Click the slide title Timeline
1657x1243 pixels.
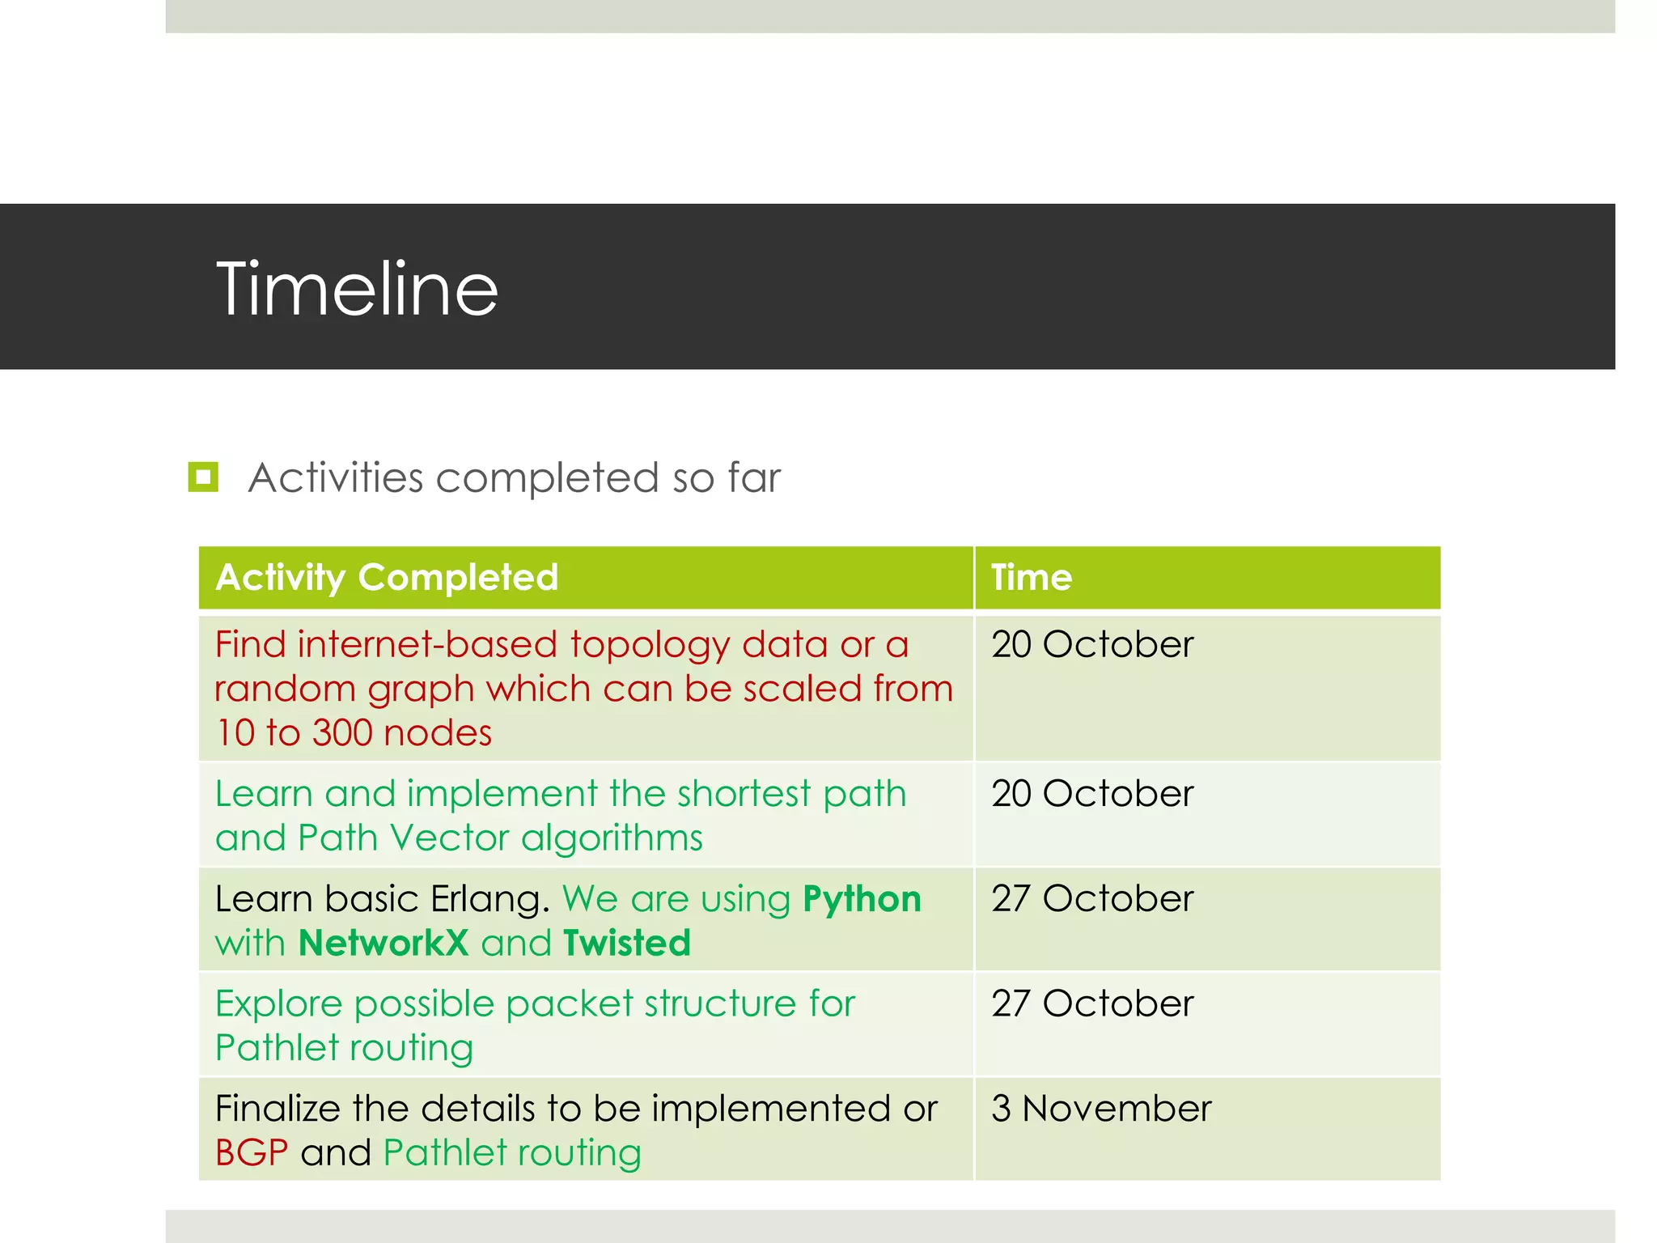[x=357, y=289]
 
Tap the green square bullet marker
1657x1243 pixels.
[x=203, y=477]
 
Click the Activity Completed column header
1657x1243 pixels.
[x=387, y=578]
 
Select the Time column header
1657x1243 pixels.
[x=1032, y=578]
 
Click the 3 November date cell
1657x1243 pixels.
[x=1101, y=1109]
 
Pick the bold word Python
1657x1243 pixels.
[x=862, y=899]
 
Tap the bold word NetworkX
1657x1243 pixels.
[x=384, y=944]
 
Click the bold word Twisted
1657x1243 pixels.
[x=627, y=944]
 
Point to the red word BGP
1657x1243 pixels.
[x=252, y=1153]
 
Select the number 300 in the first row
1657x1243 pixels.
[x=342, y=733]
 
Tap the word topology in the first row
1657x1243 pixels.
[x=650, y=646]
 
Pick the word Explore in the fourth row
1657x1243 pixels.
[x=278, y=1004]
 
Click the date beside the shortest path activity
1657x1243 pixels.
[x=1092, y=794]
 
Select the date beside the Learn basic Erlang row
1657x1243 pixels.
[x=1092, y=899]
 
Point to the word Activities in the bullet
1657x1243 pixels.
[x=335, y=477]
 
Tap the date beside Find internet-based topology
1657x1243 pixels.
[x=1092, y=645]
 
